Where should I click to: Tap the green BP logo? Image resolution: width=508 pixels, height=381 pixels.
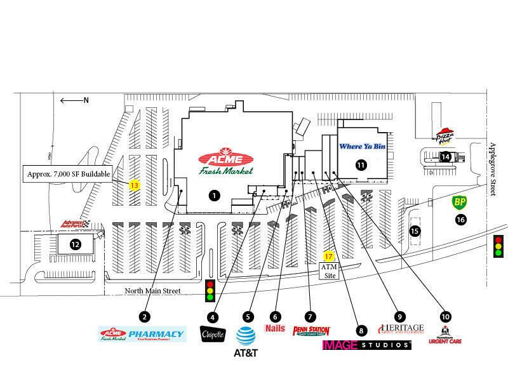pyautogui.click(x=460, y=203)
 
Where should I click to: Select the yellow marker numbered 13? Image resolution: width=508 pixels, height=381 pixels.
pyautogui.click(x=134, y=185)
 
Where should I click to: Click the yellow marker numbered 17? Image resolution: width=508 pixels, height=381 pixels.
pyautogui.click(x=328, y=257)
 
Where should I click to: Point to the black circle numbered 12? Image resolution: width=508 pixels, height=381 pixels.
pyautogui.click(x=75, y=243)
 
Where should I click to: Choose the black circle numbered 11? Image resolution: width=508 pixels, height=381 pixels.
pyautogui.click(x=361, y=165)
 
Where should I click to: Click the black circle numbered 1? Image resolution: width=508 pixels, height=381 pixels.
pyautogui.click(x=214, y=196)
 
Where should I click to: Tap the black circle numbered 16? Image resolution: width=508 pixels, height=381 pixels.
pyautogui.click(x=460, y=220)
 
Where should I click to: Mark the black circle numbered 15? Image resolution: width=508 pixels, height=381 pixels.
pyautogui.click(x=415, y=231)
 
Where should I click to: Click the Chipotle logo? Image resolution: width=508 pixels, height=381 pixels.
pyautogui.click(x=211, y=335)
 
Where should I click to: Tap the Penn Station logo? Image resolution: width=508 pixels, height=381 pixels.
pyautogui.click(x=311, y=331)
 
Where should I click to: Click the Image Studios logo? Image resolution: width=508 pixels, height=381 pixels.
pyautogui.click(x=367, y=345)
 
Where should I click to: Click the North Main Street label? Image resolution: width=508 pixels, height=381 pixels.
pyautogui.click(x=152, y=291)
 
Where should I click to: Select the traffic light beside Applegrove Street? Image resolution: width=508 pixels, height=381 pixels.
pyautogui.click(x=498, y=246)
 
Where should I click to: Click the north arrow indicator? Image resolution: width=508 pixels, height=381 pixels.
pyautogui.click(x=74, y=100)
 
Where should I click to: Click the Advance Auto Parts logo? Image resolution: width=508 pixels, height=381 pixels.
pyautogui.click(x=77, y=224)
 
